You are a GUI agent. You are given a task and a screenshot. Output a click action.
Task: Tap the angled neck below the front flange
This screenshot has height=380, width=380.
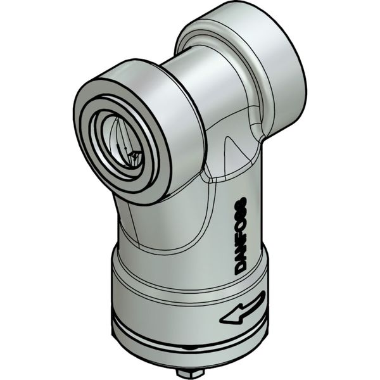158,222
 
